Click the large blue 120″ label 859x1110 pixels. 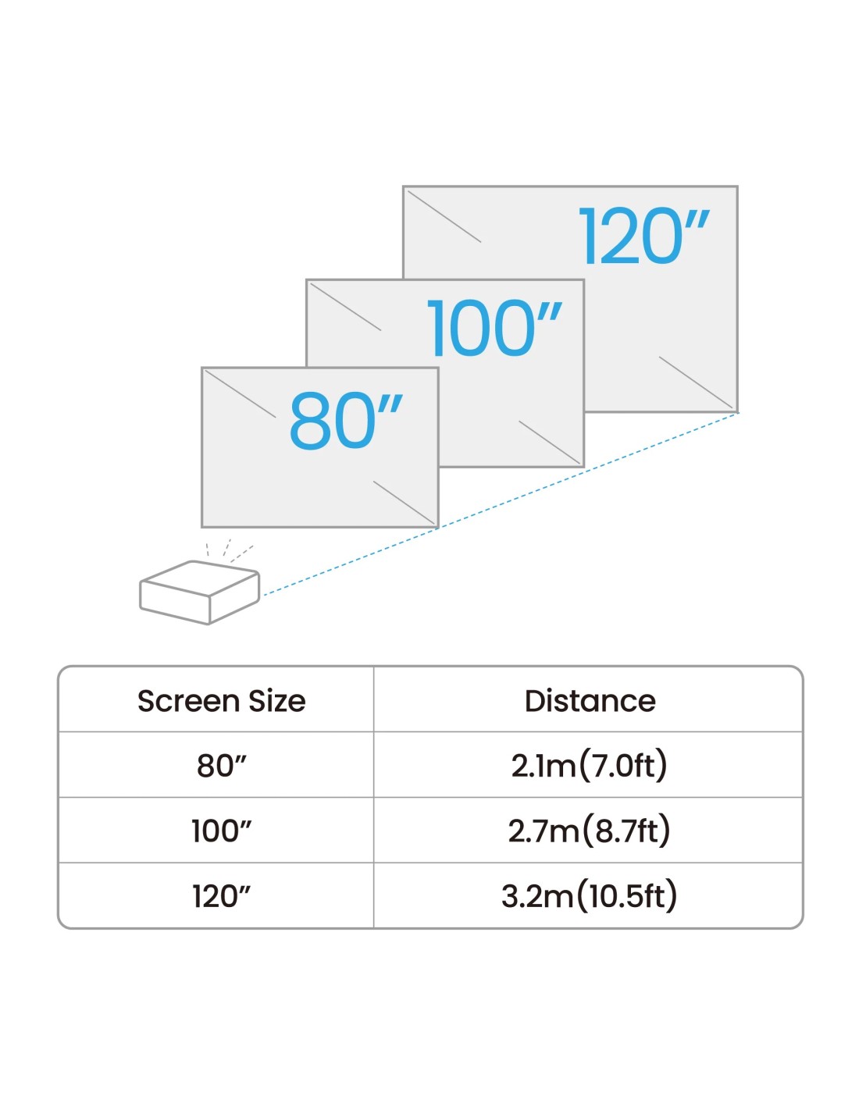pos(643,236)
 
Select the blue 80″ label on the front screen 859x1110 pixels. pos(346,421)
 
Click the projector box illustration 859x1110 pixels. pos(199,592)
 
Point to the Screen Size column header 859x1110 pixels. pos(221,701)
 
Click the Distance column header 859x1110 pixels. pos(590,701)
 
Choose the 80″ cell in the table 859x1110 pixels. pos(221,766)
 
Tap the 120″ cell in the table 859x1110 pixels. pos(221,896)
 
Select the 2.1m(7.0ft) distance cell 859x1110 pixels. pos(589,766)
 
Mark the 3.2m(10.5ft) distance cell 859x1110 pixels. pos(589,896)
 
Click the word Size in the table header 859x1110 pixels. pos(277,701)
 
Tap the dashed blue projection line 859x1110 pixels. pos(501,503)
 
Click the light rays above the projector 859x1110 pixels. pos(230,551)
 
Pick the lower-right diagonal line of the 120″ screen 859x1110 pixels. pos(696,382)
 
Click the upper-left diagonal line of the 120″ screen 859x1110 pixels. pos(444,216)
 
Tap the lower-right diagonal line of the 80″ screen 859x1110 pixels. pos(405,503)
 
